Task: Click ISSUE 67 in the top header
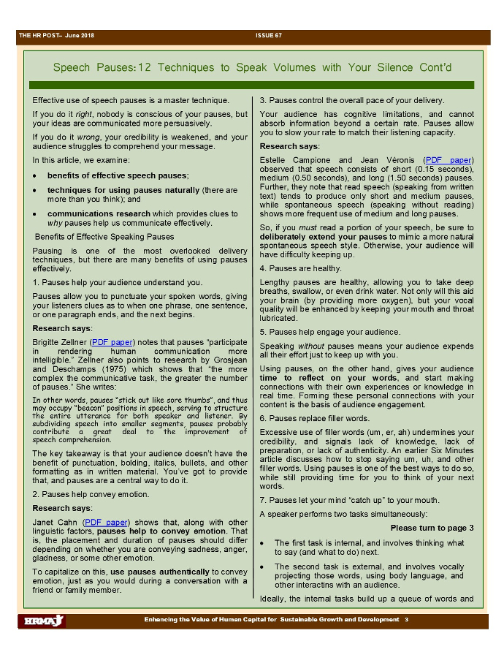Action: coord(268,36)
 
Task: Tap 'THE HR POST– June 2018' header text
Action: coord(56,36)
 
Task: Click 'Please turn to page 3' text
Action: coord(432,528)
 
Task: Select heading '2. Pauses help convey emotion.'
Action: coord(91,494)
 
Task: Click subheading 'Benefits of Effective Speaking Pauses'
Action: coord(104,236)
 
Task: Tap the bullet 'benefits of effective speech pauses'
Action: coord(118,175)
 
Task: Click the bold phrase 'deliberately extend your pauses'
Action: coord(324,237)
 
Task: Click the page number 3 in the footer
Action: coord(406,620)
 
